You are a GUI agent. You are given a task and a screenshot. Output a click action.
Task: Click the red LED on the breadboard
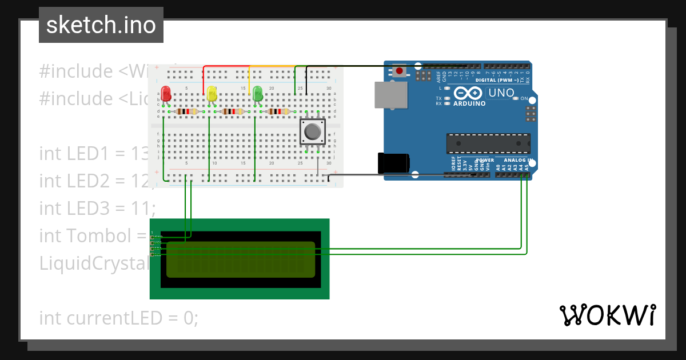coord(166,93)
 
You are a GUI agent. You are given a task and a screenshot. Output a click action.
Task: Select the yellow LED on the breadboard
coord(212,93)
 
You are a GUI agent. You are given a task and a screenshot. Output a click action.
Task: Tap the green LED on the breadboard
coord(257,93)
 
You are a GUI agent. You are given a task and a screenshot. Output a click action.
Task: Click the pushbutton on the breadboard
coord(312,132)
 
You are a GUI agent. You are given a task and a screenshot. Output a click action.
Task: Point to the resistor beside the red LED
coord(187,111)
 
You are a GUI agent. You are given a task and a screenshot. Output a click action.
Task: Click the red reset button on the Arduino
coord(399,71)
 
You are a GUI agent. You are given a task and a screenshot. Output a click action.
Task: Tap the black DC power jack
coord(393,163)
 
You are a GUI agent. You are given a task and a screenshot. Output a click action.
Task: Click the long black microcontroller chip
coord(488,143)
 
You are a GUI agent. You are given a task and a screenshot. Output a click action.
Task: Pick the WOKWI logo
coord(607,315)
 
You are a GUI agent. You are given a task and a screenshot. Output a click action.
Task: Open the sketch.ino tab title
coord(101,25)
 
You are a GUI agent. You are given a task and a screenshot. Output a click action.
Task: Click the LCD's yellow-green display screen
coord(240,259)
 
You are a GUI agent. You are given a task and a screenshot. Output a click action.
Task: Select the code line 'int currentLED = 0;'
coord(118,318)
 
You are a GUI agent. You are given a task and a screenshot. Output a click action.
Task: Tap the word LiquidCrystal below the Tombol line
coord(94,263)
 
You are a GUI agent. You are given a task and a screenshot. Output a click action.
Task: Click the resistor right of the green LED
coord(278,111)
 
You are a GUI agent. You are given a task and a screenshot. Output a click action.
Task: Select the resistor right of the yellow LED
coord(232,111)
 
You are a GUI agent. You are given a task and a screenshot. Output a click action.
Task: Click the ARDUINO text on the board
coord(469,103)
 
